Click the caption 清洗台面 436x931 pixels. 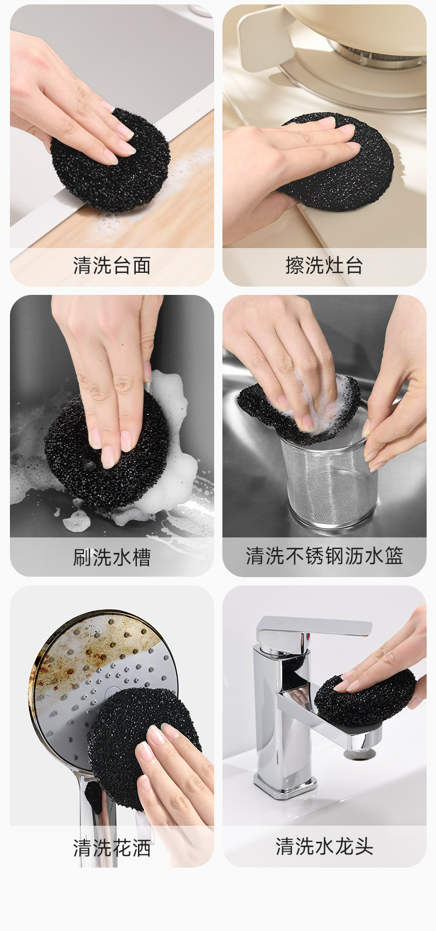click(x=112, y=266)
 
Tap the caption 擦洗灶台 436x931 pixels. click(x=324, y=266)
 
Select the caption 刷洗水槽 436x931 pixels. click(x=112, y=557)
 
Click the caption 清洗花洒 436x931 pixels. click(x=112, y=848)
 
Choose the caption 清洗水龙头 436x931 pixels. click(x=324, y=847)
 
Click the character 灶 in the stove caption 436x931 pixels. click(x=334, y=266)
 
